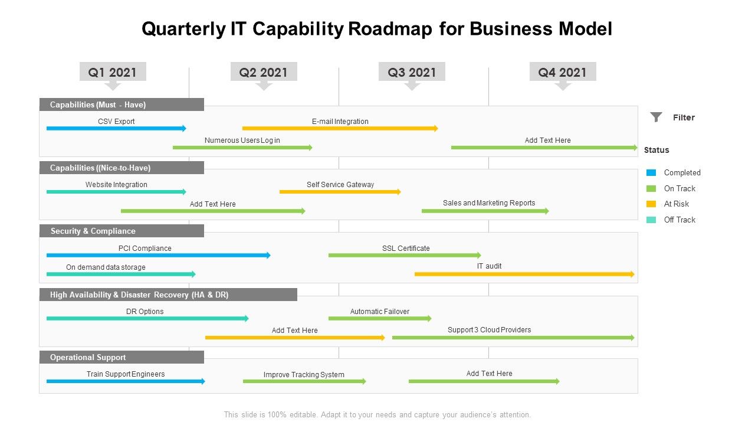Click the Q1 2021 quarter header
tap(112, 72)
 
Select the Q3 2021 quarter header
tap(412, 72)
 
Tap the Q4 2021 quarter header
tap(562, 72)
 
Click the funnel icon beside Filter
tap(656, 117)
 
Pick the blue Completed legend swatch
tap(651, 173)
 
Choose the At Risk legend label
tap(676, 204)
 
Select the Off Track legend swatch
tap(651, 220)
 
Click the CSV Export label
tap(116, 122)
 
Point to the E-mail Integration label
tap(340, 122)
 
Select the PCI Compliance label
tap(145, 249)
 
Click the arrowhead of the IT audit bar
tap(632, 274)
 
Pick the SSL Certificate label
tap(405, 249)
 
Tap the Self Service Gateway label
tap(340, 185)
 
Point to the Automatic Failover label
tap(379, 312)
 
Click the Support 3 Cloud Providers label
tap(489, 330)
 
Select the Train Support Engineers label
tap(126, 374)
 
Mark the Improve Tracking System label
tap(304, 375)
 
